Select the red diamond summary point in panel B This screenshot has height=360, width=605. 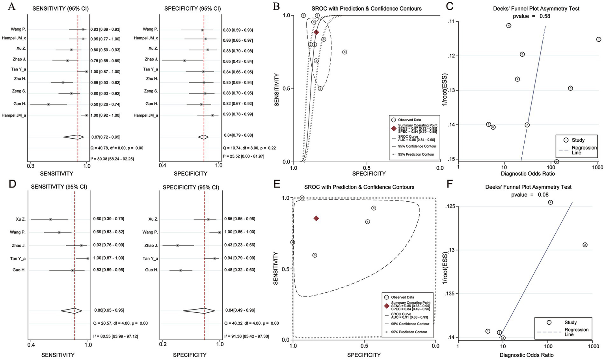316,32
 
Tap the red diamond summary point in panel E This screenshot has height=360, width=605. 316,218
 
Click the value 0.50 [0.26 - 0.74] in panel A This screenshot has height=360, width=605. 105,104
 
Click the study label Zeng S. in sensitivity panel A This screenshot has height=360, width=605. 19,91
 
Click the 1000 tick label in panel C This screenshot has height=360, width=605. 597,167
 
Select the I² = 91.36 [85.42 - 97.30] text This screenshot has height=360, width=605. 246,336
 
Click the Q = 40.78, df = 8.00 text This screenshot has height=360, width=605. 117,148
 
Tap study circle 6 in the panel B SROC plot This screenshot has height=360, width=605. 344,52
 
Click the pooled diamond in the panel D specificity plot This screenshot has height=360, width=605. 204,310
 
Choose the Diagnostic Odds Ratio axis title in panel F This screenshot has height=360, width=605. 526,355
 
